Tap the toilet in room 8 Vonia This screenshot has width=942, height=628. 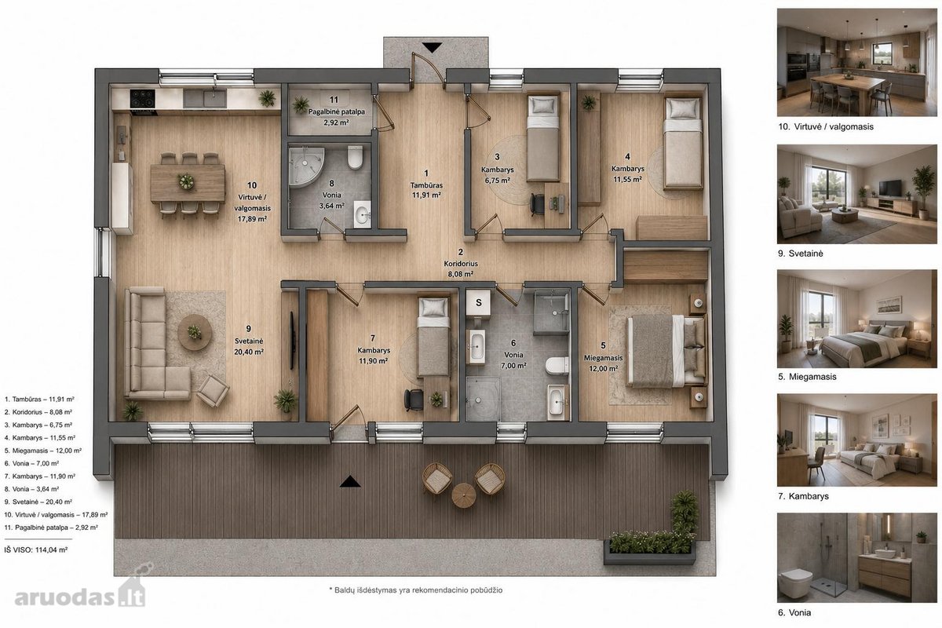pos(355,157)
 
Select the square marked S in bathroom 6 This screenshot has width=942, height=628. pos(479,302)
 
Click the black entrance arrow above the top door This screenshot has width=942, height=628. pos(432,47)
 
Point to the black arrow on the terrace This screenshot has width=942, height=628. pos(350,481)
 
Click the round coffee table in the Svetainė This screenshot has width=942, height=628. pos(195,332)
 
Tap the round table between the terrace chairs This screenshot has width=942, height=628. pos(463,495)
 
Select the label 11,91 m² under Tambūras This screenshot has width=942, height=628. pos(426,195)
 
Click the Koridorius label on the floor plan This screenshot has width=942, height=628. pos(461,264)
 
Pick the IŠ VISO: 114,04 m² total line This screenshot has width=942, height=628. pos(36,549)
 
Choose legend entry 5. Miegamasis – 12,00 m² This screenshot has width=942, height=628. pos(43,451)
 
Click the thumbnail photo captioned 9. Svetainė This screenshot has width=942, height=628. pos(857,194)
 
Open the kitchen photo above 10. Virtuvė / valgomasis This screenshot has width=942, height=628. pos(857,62)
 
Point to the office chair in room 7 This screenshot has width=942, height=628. pos(413,400)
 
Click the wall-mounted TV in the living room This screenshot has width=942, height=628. pos(293,340)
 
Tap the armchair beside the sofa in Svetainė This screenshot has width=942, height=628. pos(213,391)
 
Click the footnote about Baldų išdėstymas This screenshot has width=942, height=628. pos(415,590)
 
